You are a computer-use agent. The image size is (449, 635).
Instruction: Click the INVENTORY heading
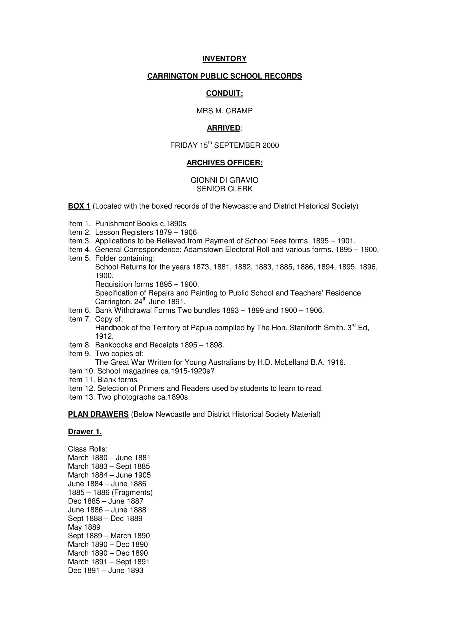point(224,59)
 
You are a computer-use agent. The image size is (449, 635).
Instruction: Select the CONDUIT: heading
point(224,94)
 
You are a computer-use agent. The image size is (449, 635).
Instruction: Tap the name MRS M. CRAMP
point(224,111)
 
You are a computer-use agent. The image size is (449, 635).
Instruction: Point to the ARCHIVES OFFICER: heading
point(224,163)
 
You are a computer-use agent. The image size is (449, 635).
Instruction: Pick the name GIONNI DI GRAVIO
point(224,180)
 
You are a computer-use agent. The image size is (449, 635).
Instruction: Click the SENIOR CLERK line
point(224,189)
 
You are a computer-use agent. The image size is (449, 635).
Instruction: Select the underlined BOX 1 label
point(79,206)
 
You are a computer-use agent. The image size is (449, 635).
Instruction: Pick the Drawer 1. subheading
point(85,432)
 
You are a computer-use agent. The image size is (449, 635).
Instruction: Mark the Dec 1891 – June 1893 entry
point(106,571)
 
